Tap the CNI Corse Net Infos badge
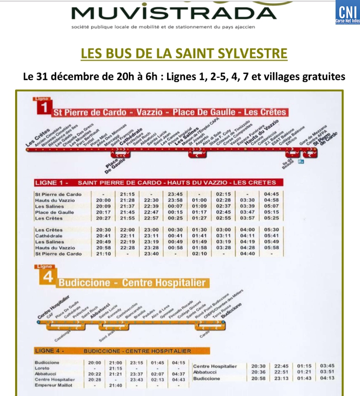348,12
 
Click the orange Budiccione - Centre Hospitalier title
132,283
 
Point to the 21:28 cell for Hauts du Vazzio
127,200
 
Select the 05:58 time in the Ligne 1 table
271,248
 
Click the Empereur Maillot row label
54,385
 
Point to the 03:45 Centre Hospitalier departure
327,366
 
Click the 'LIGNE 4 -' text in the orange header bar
49,351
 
